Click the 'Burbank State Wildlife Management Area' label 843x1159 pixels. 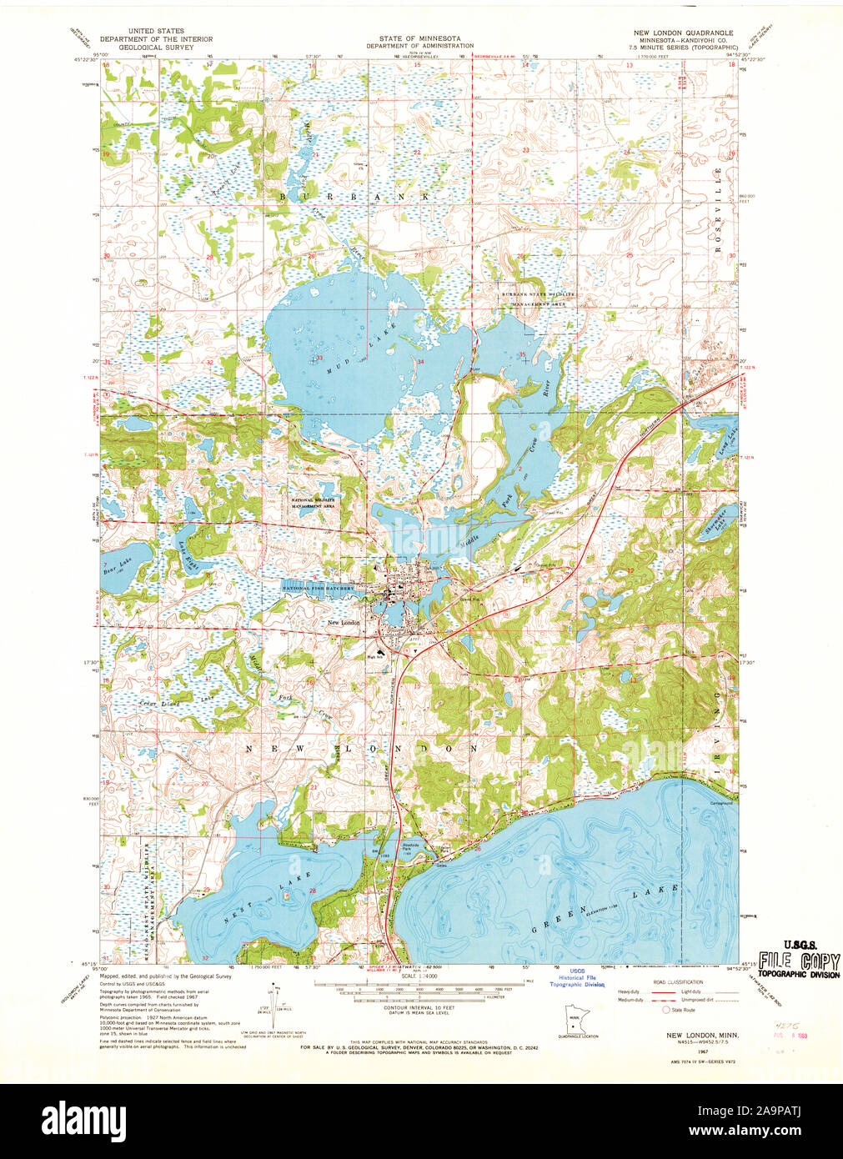pos(533,299)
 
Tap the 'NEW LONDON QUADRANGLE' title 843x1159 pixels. pos(685,32)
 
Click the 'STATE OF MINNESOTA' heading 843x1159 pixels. pos(420,39)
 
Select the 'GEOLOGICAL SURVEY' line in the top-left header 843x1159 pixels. pos(156,48)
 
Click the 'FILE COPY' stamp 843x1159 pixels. pos(798,959)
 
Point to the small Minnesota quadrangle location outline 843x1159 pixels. pos(568,1020)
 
